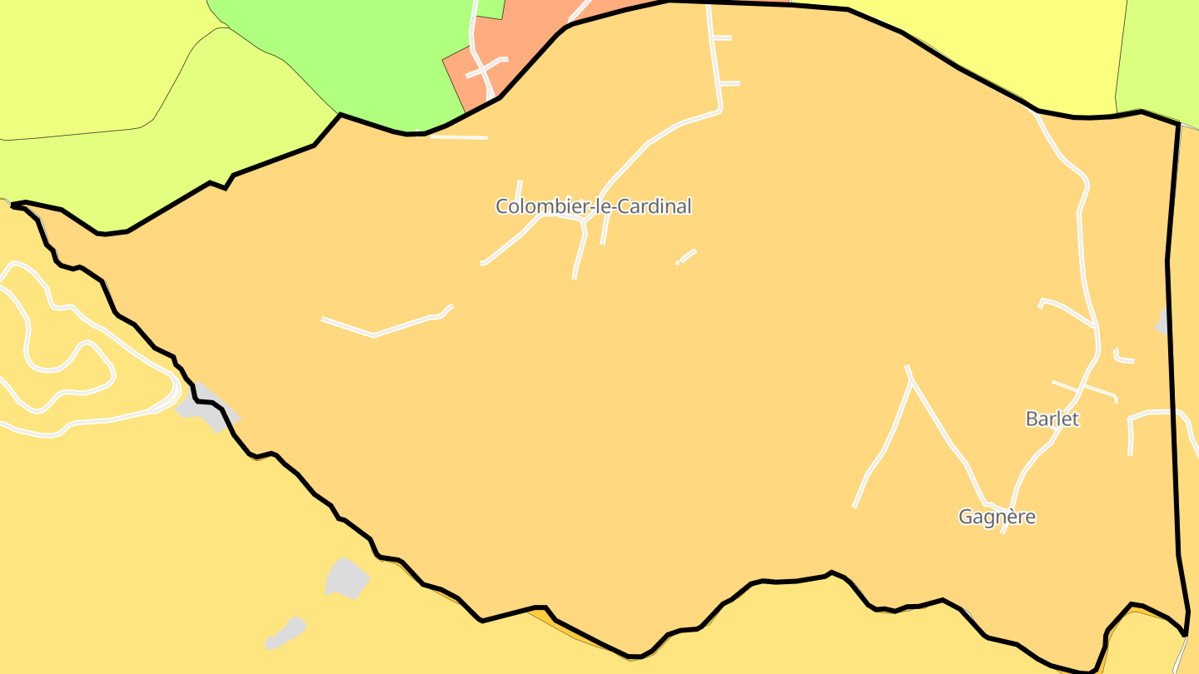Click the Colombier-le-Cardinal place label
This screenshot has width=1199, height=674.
(593, 206)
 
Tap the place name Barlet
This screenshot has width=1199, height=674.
(1052, 419)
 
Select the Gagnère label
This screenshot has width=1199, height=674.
(997, 517)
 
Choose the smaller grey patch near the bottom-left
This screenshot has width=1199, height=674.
(286, 632)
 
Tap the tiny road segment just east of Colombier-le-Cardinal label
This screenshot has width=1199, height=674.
(687, 255)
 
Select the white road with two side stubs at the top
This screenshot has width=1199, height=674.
(714, 58)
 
